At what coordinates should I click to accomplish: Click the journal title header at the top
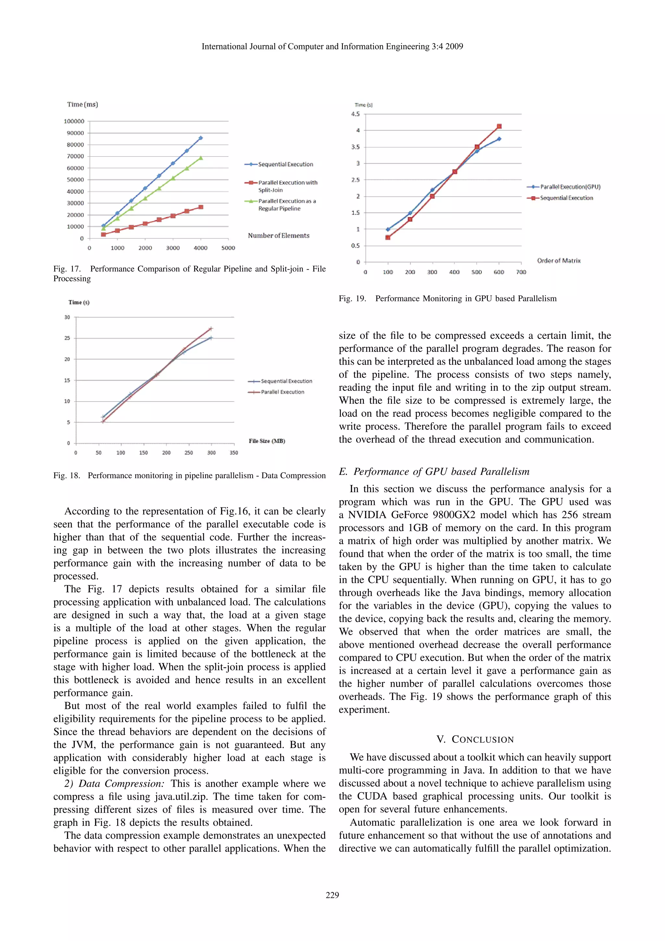332,47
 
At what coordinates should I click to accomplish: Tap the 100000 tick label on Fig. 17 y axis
74,121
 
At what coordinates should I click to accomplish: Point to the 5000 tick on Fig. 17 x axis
228,248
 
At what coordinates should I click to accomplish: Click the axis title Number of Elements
278,236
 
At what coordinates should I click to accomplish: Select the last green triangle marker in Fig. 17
200,158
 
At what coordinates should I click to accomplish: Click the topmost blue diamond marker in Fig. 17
200,138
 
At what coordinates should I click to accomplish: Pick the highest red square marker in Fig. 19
499,126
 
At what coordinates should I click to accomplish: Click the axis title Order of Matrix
558,261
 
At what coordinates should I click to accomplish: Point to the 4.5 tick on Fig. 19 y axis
355,114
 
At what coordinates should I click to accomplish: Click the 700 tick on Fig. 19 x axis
521,272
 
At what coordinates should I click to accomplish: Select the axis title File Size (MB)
267,441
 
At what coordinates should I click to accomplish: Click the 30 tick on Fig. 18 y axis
67,317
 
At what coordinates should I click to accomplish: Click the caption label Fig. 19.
352,299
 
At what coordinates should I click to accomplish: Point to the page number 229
332,895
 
